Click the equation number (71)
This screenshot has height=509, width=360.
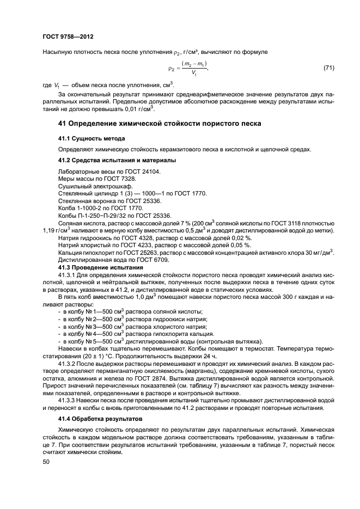pos(328,68)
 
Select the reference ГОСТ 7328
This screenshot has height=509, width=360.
pos(123,179)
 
